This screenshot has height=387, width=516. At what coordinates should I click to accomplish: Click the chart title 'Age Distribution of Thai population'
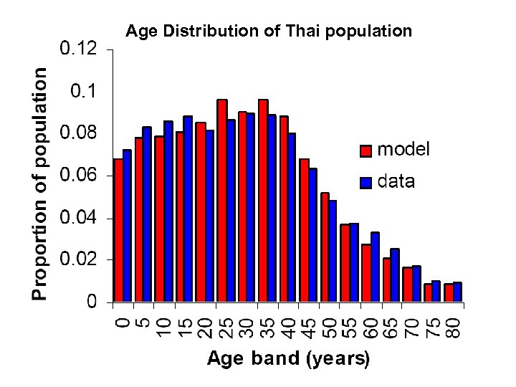269,31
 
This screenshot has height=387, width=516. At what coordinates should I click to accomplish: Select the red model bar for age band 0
118,230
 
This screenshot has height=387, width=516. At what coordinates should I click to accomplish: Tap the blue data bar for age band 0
127,226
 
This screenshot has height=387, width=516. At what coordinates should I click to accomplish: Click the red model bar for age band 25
222,201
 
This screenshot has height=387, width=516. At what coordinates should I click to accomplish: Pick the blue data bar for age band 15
188,209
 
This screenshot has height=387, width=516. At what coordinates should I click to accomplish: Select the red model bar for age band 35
263,201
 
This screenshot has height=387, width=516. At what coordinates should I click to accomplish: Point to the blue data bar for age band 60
375,267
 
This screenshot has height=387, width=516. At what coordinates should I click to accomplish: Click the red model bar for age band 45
305,230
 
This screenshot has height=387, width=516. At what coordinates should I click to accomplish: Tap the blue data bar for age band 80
457,292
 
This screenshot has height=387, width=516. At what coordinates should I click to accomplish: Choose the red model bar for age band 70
408,284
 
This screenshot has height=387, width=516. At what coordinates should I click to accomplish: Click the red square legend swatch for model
365,150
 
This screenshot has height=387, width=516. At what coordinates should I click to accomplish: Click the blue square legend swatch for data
365,182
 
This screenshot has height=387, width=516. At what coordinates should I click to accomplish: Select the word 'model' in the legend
403,149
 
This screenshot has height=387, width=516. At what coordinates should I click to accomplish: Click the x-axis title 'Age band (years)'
288,358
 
